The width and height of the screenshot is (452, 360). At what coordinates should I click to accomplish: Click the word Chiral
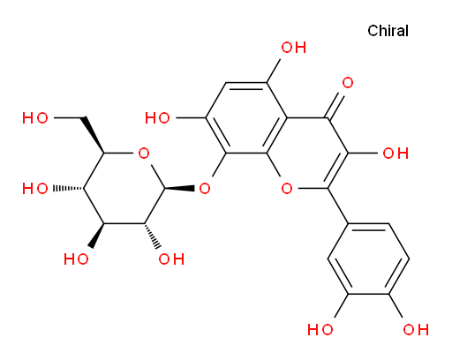coord(388,31)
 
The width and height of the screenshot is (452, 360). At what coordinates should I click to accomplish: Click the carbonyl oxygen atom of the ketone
coord(348,83)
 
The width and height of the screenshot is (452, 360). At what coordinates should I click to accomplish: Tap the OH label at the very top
coord(294,48)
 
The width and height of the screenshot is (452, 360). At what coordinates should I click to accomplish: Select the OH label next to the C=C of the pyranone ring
coord(395,154)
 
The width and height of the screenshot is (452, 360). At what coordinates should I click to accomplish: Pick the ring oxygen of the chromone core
coord(287,188)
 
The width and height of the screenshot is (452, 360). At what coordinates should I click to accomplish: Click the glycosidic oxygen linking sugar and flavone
coord(205,188)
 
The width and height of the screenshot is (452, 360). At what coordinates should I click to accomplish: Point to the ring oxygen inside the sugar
coord(144,154)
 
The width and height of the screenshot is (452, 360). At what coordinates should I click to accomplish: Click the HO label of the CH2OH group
coord(35,118)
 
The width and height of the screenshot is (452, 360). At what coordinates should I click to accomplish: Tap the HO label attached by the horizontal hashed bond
coord(35,188)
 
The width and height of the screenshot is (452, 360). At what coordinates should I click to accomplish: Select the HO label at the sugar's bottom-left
coord(76,259)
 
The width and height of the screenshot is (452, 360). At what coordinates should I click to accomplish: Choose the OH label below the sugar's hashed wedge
coord(171,259)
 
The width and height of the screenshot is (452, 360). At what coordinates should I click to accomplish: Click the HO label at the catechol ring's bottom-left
coord(320,329)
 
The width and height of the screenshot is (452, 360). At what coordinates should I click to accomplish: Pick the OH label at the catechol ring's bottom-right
coord(416,329)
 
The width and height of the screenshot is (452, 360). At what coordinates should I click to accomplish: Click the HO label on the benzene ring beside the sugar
coord(157,118)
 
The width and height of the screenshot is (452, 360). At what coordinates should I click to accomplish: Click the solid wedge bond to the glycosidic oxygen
coord(179,188)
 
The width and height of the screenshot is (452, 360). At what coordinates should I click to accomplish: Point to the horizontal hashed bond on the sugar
coord(68,188)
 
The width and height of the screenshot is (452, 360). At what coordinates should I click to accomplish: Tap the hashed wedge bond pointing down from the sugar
coord(152,236)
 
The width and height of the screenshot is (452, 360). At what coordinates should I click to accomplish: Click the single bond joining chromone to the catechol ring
coord(338,206)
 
